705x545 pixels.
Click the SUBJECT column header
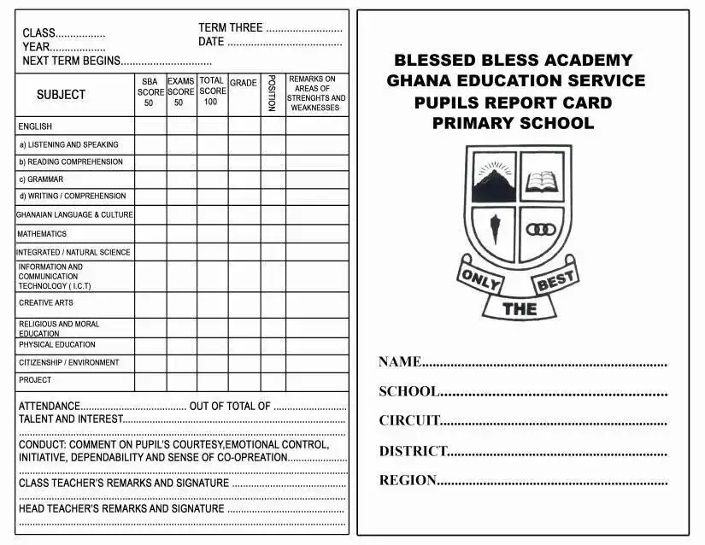(61, 95)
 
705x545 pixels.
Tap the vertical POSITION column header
(272, 93)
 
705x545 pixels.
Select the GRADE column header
(244, 84)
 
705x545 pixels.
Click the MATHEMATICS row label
(42, 234)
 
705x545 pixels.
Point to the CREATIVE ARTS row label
(46, 303)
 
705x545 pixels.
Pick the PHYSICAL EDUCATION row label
(57, 345)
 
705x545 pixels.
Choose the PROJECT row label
(35, 380)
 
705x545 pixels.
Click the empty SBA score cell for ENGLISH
(150, 126)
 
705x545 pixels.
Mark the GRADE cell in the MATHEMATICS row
(244, 234)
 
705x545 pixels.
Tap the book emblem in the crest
(542, 180)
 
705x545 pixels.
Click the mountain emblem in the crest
(492, 180)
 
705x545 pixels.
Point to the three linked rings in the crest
(540, 230)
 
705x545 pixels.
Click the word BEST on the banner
(555, 279)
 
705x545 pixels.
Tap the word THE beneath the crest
(520, 309)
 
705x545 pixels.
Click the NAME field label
(400, 362)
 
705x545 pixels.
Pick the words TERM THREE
(230, 27)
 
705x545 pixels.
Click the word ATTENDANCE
(50, 407)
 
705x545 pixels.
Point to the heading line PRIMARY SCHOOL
(513, 123)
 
